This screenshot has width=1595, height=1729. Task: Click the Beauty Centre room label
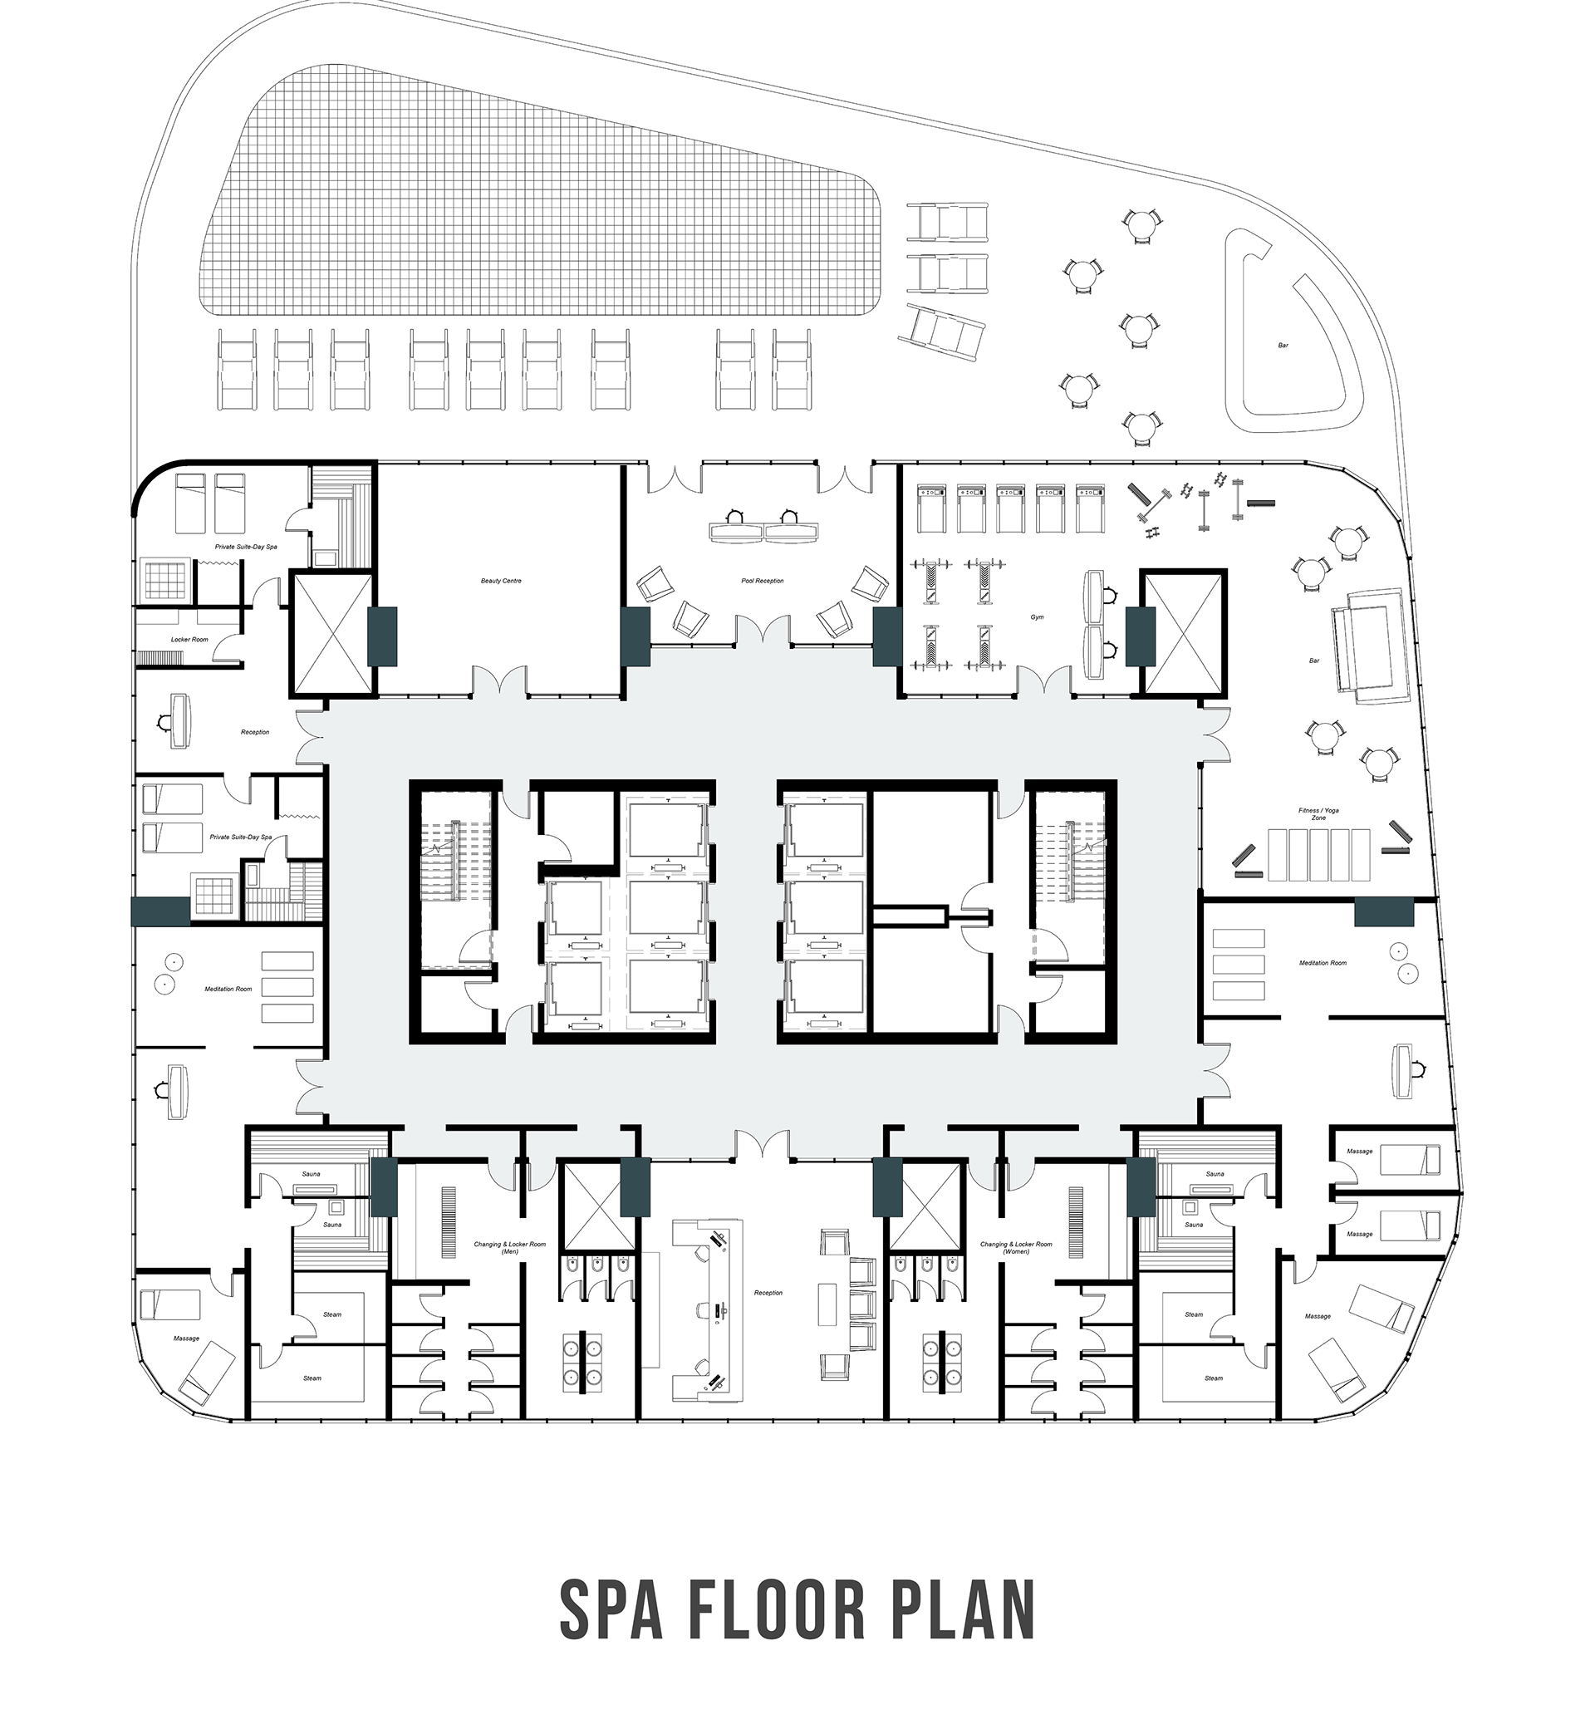pyautogui.click(x=501, y=581)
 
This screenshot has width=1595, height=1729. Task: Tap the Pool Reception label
pyautogui.click(x=762, y=581)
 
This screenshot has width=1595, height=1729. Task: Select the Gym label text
pyautogui.click(x=1037, y=617)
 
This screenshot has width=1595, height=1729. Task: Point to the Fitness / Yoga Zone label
pyautogui.click(x=1318, y=814)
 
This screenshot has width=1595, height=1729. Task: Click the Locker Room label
pyautogui.click(x=189, y=640)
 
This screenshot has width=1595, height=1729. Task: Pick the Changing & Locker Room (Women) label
pyautogui.click(x=1016, y=1247)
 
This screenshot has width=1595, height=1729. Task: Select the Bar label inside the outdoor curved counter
pyautogui.click(x=1283, y=346)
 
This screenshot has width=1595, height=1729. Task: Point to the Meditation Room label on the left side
pyautogui.click(x=228, y=990)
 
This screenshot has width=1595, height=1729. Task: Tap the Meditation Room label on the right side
pyautogui.click(x=1323, y=962)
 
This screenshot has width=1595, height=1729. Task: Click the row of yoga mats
pyautogui.click(x=1318, y=855)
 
